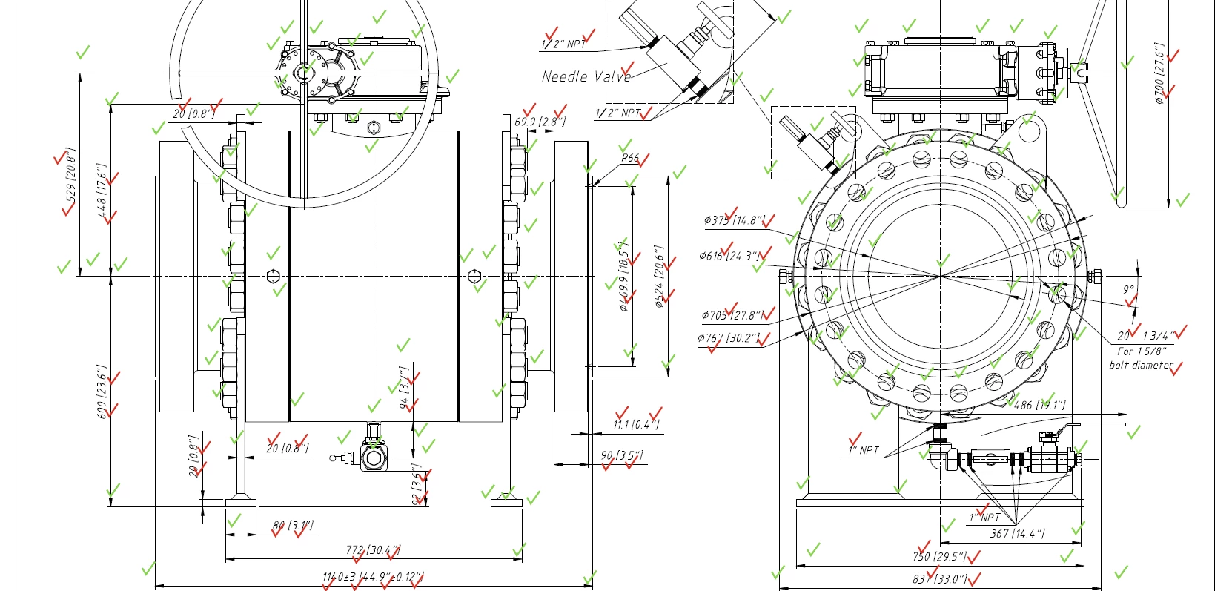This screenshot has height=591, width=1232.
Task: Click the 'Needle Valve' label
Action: click(x=586, y=76)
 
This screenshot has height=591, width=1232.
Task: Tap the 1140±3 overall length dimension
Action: click(x=372, y=577)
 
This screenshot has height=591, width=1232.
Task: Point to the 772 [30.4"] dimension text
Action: click(x=373, y=550)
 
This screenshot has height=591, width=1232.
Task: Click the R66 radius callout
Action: click(x=630, y=158)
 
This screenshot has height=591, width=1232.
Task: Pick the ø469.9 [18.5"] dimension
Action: click(x=624, y=276)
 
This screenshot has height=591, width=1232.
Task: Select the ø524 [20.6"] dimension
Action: click(x=659, y=277)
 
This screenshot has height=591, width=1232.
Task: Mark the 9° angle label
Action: click(x=1128, y=290)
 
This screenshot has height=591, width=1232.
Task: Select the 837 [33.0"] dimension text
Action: click(x=940, y=578)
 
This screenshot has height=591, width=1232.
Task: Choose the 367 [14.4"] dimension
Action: click(x=1017, y=533)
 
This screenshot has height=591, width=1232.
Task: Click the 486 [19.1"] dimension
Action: click(x=1039, y=405)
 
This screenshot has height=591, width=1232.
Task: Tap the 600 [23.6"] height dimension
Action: click(x=103, y=391)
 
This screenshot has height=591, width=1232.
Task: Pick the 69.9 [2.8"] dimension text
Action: click(x=540, y=121)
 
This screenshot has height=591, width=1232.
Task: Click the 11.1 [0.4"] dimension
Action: click(x=635, y=424)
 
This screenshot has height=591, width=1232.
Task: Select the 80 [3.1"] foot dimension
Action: click(x=293, y=526)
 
